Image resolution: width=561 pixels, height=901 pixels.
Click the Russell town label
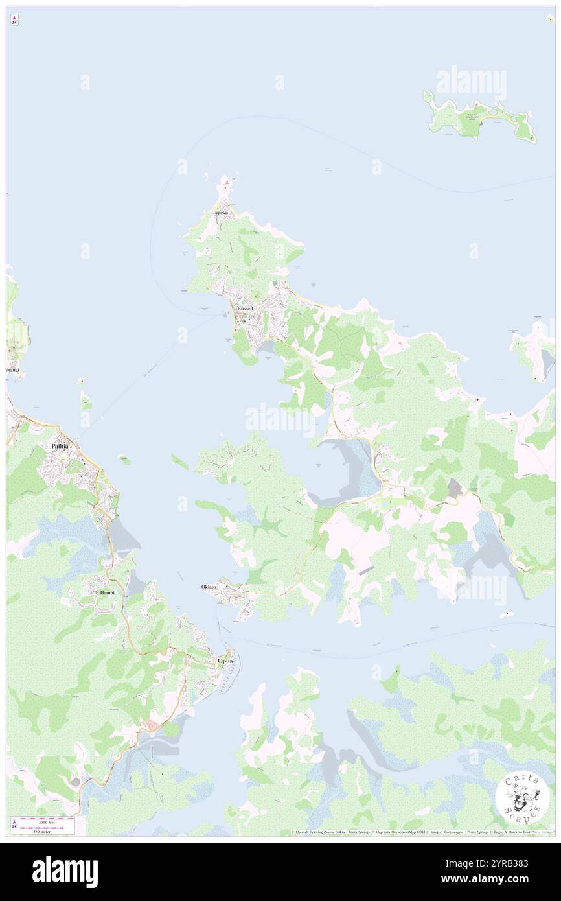click(x=245, y=309)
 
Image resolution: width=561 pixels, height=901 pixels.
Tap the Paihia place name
click(x=60, y=446)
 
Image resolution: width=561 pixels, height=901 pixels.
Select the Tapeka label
click(x=220, y=212)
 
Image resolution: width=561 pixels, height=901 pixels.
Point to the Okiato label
click(x=209, y=587)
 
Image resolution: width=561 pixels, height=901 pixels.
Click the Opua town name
click(x=225, y=661)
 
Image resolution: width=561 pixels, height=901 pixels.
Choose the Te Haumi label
click(x=104, y=592)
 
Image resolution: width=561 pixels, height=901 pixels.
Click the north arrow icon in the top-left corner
click(x=14, y=21)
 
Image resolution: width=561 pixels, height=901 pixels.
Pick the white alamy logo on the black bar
click(x=65, y=871)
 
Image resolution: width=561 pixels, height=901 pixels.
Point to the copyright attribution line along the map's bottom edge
click(x=421, y=832)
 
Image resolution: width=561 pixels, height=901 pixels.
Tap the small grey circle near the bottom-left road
click(x=76, y=782)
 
